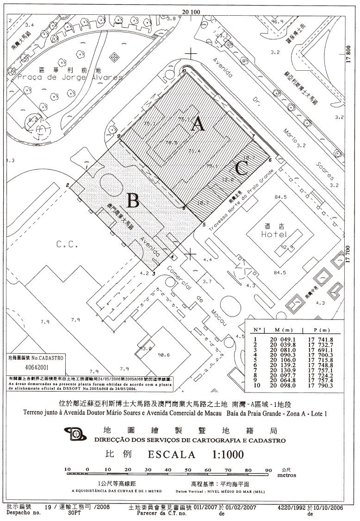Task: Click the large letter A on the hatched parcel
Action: [199, 124]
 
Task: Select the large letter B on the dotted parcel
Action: [133, 201]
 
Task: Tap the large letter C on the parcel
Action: [241, 168]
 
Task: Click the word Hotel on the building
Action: [274, 234]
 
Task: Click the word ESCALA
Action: [172, 454]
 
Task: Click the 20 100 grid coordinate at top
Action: [191, 12]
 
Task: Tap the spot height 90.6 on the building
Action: [164, 355]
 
